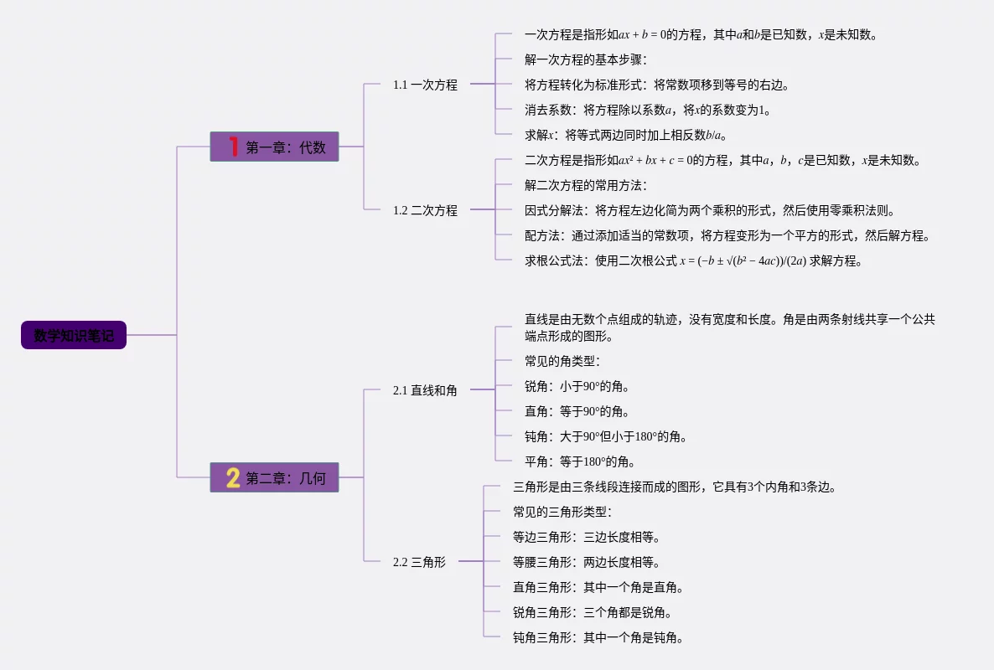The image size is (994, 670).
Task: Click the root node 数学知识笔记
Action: tap(74, 335)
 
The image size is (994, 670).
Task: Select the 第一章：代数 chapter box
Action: tap(275, 147)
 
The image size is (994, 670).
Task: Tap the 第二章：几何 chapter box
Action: tap(275, 477)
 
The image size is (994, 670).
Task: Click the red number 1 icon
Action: tap(233, 147)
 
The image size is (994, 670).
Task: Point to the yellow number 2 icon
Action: tap(233, 477)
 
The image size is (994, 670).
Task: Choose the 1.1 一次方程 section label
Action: tap(425, 85)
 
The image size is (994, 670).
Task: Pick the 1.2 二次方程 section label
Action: tap(425, 210)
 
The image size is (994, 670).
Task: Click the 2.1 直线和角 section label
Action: tap(425, 390)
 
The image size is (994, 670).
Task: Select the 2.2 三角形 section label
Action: tap(419, 562)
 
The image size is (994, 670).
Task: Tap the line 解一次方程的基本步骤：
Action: tap(586, 59)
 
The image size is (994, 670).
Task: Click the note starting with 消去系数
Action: tap(648, 110)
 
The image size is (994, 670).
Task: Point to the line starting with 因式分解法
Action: tap(710, 210)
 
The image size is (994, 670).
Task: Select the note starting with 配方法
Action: tap(727, 235)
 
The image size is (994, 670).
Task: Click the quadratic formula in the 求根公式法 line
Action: tap(743, 261)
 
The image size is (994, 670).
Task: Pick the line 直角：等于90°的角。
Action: tap(577, 411)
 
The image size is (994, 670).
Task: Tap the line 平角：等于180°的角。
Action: tap(580, 461)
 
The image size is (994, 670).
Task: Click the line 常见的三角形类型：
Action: tap(562, 512)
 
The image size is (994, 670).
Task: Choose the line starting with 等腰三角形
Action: tap(587, 562)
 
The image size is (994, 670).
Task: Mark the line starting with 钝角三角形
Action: tap(598, 637)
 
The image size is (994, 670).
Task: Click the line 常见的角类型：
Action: tap(562, 361)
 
